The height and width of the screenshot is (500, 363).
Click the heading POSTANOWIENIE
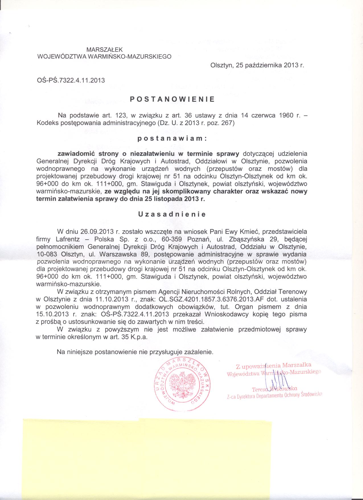click(172, 99)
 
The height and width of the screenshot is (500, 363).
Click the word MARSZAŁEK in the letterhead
click(104, 50)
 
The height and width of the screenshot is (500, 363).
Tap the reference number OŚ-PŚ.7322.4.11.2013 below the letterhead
click(71, 80)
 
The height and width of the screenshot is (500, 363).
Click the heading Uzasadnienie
click(172, 215)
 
